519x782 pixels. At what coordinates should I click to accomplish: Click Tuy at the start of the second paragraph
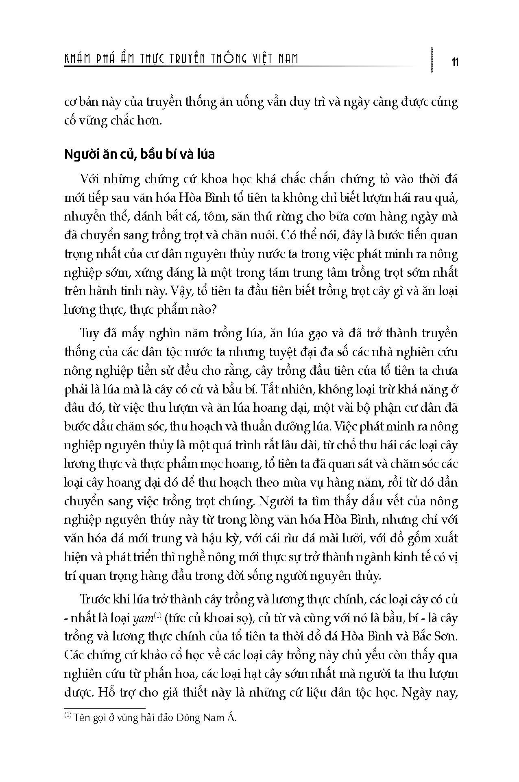click(x=90, y=333)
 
